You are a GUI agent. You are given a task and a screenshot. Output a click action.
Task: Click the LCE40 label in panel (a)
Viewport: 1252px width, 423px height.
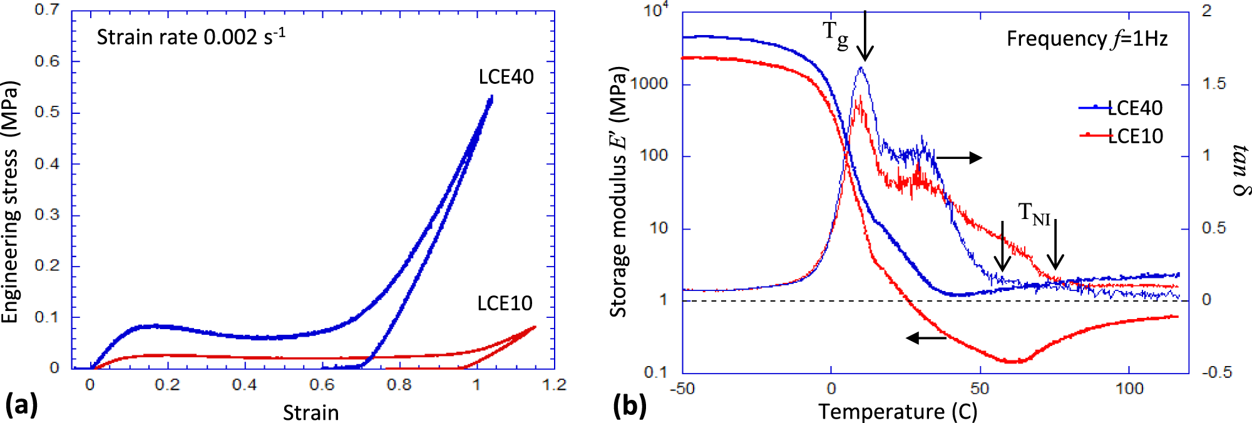(x=506, y=77)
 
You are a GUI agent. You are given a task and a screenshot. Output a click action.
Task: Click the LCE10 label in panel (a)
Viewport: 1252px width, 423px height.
(x=505, y=303)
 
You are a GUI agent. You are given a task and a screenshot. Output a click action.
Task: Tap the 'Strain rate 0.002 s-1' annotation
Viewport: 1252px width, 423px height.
(x=191, y=37)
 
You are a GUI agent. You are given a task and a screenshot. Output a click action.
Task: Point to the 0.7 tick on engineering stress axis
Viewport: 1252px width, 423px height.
(x=47, y=10)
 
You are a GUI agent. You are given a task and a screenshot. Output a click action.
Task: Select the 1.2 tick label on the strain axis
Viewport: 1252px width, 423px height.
(x=554, y=385)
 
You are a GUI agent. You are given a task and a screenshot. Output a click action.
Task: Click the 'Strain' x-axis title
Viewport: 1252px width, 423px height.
(x=310, y=412)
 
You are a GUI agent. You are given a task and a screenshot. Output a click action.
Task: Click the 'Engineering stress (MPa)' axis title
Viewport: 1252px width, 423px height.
(x=11, y=202)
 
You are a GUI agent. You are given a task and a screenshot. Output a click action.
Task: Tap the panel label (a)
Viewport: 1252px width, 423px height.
(x=21, y=405)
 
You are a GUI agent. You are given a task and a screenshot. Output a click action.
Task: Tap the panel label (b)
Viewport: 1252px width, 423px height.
(x=629, y=405)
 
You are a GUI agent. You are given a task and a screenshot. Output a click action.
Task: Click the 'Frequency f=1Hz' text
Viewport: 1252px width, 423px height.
(x=1087, y=39)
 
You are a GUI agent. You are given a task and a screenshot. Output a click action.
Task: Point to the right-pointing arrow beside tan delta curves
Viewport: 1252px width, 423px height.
(x=959, y=158)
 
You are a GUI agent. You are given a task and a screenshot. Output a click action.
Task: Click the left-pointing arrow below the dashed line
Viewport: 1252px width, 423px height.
(x=926, y=339)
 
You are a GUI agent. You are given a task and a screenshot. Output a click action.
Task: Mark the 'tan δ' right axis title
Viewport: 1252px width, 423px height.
(x=1240, y=170)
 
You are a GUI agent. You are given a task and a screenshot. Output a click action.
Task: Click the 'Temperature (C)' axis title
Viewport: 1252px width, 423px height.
(x=898, y=412)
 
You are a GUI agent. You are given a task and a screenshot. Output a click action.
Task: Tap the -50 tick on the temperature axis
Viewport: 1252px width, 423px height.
(x=682, y=389)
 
